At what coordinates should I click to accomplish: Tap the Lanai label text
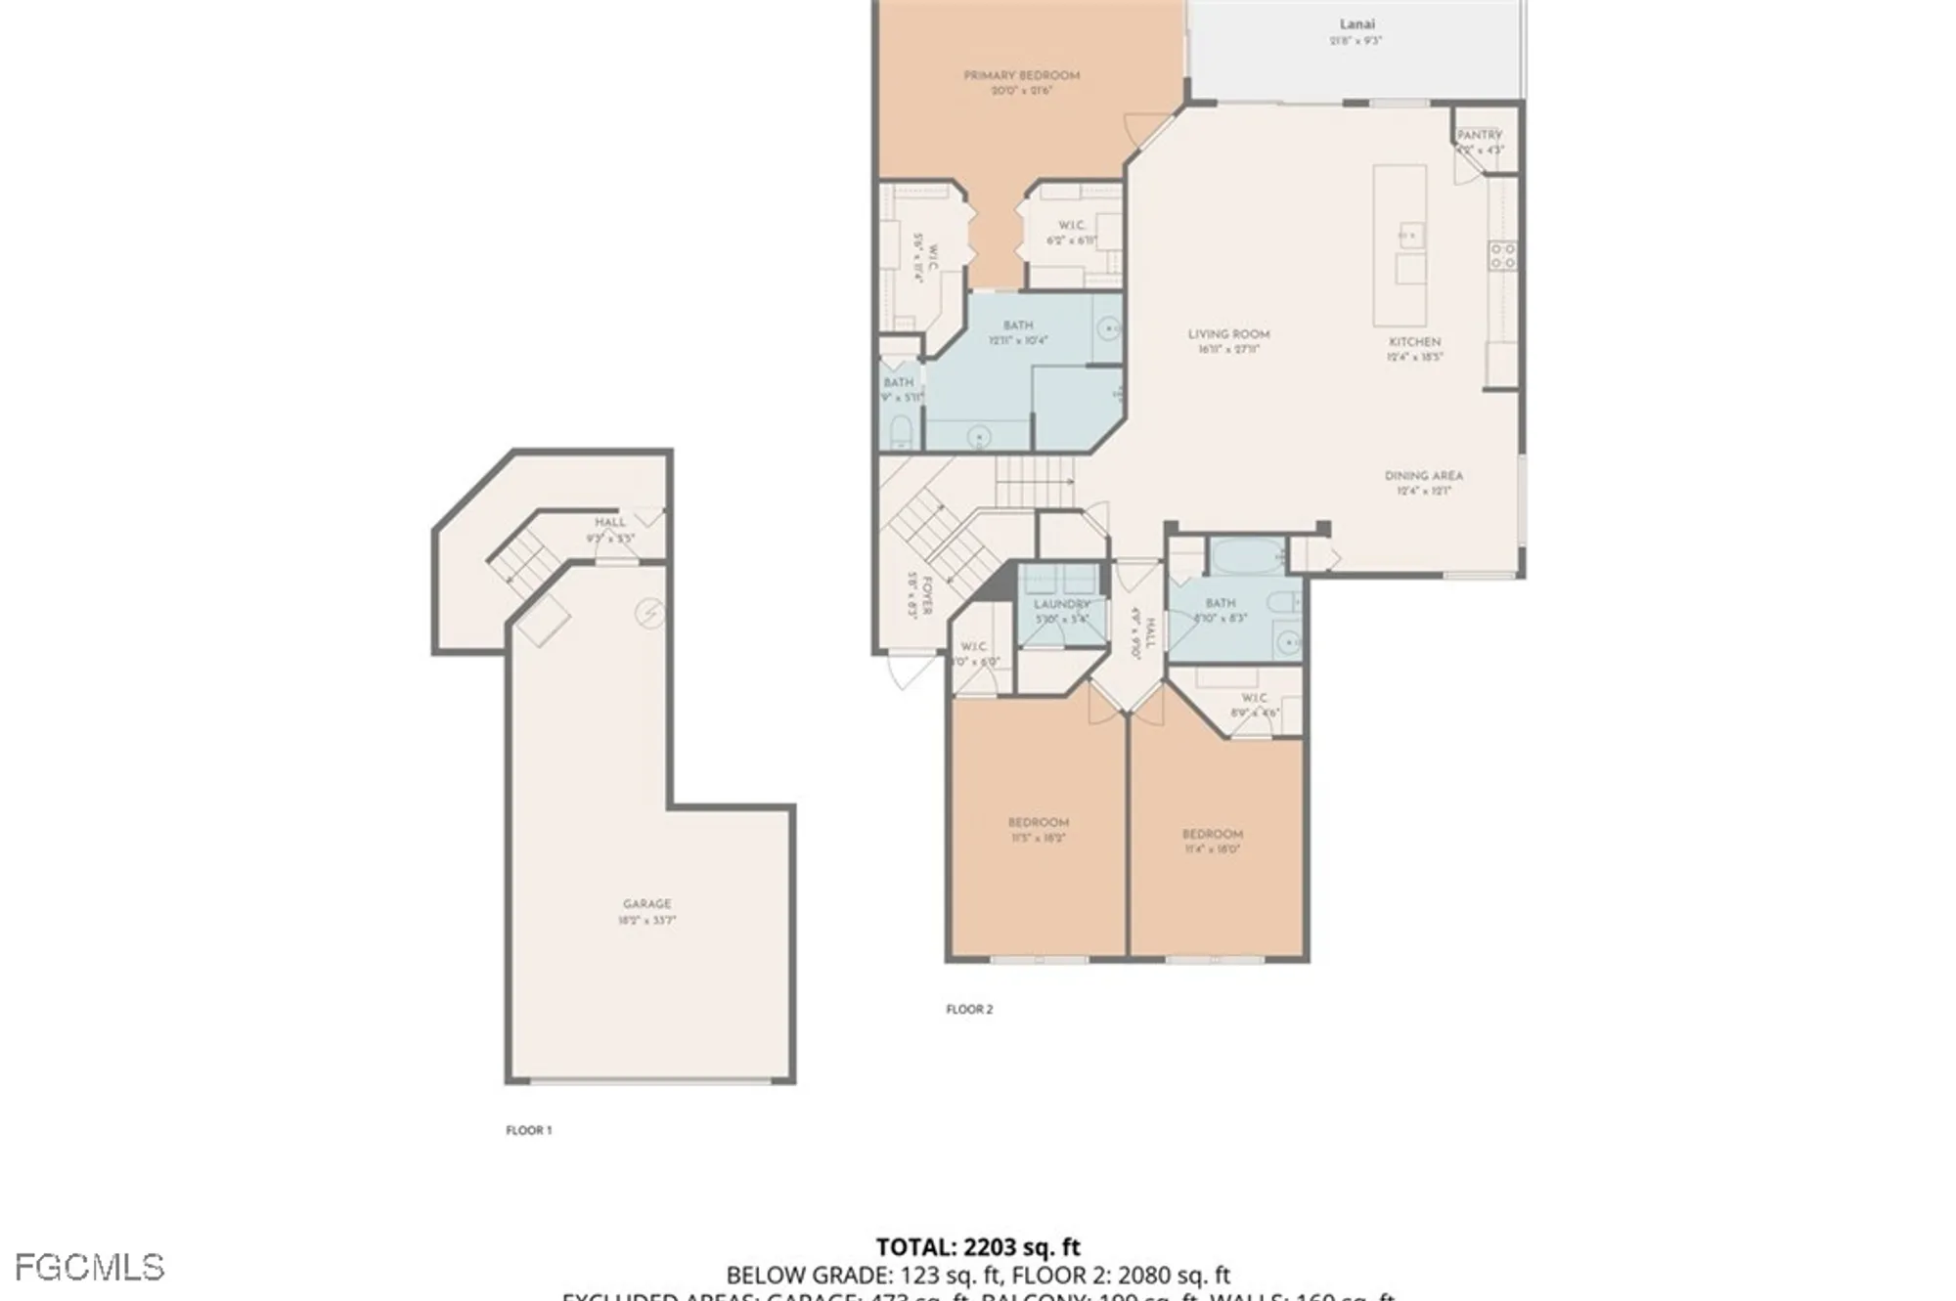pos(1356,24)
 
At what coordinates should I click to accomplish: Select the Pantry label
pos(1479,135)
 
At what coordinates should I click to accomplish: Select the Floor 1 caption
pos(529,1130)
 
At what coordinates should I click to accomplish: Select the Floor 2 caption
pos(969,1009)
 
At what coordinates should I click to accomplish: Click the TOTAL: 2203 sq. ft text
pos(977,1247)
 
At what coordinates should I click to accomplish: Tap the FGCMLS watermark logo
pos(89,1268)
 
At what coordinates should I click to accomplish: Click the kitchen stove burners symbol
pos(1503,256)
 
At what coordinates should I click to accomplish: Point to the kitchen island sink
pos(1409,235)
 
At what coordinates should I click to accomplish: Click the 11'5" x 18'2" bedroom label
pos(1039,830)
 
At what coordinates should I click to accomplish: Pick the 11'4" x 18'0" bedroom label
pos(1212,842)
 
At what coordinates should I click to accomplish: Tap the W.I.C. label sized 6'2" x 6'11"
pos(1072,233)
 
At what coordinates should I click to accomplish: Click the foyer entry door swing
pos(908,672)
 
